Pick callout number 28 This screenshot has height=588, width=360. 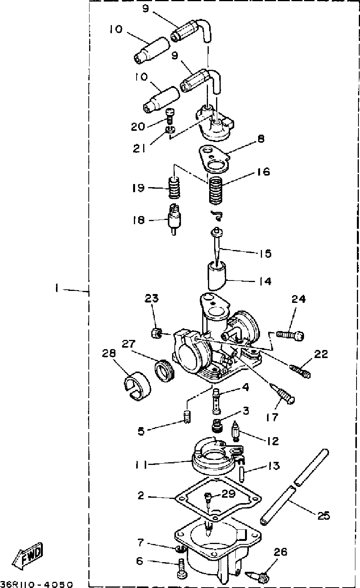(109, 353)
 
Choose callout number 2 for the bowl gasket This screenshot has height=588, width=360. (141, 495)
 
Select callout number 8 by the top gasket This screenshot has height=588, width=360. (261, 139)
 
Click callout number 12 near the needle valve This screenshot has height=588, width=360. (273, 441)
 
